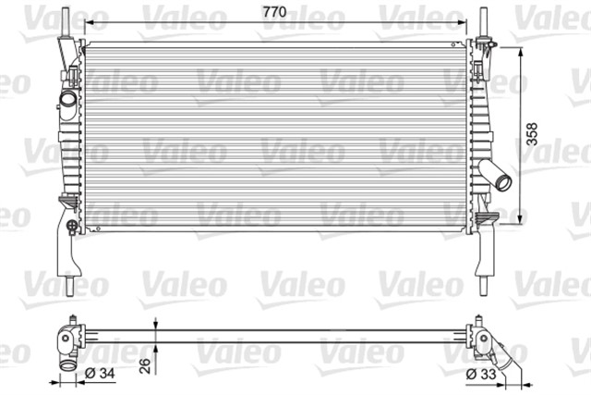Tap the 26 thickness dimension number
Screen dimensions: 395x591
[x=143, y=365]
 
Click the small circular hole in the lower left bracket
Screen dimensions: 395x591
[x=72, y=224]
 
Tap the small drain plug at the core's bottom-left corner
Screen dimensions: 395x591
[x=95, y=223]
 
